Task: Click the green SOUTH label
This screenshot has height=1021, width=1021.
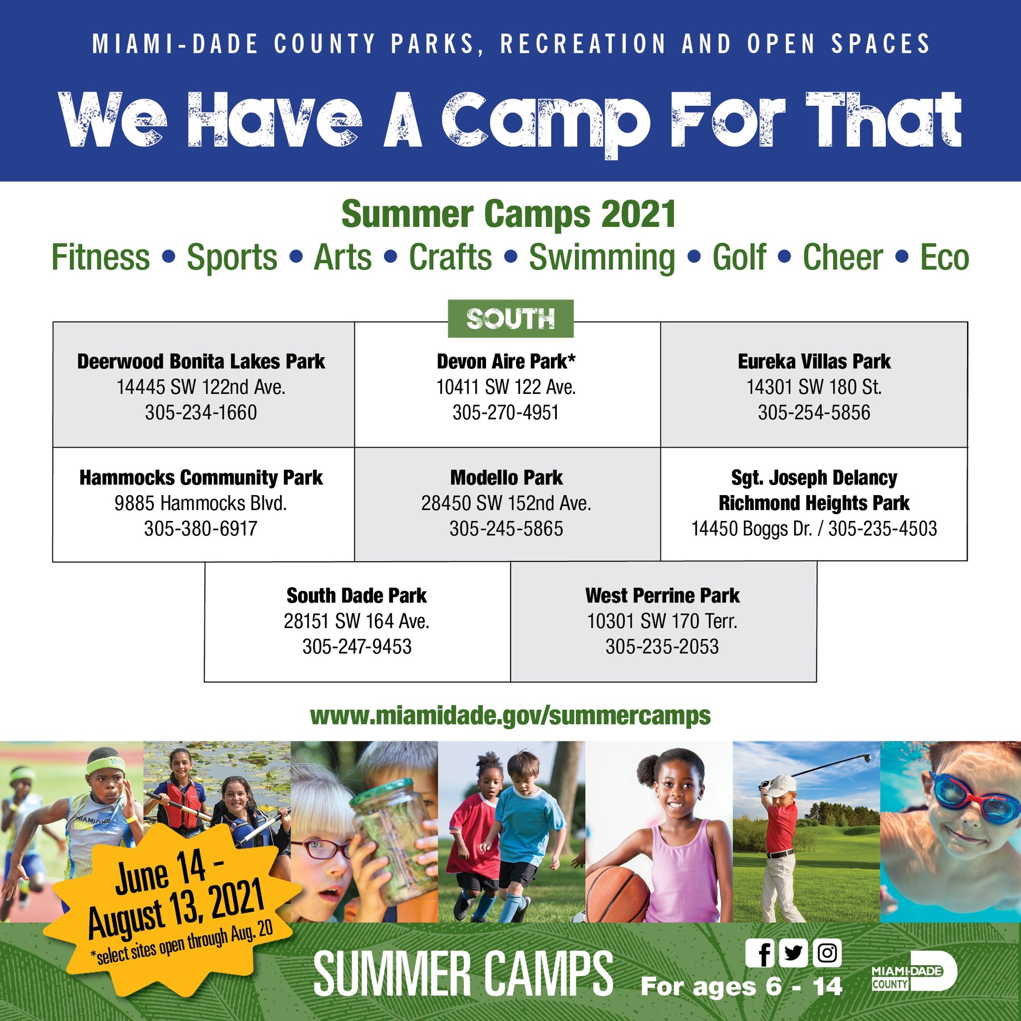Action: pos(510,319)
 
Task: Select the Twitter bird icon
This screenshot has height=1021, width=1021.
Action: pos(793,953)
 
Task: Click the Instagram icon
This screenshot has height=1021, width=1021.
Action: pos(827,953)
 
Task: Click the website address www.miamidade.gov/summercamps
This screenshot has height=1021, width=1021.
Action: pos(510,716)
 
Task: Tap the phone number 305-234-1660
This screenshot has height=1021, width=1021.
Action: pos(201,412)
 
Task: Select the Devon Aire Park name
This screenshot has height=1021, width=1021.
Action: pos(506,361)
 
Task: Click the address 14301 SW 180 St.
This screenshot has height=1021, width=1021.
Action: pos(814,387)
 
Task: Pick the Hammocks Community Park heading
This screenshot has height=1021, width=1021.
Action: pos(201,477)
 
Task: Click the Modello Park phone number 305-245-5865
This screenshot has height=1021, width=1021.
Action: pos(506,528)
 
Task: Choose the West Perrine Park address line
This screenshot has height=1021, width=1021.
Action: pos(662,621)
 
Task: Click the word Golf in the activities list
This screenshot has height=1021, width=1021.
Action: pos(739,257)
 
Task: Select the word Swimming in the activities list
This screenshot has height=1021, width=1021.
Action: pos(602,257)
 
